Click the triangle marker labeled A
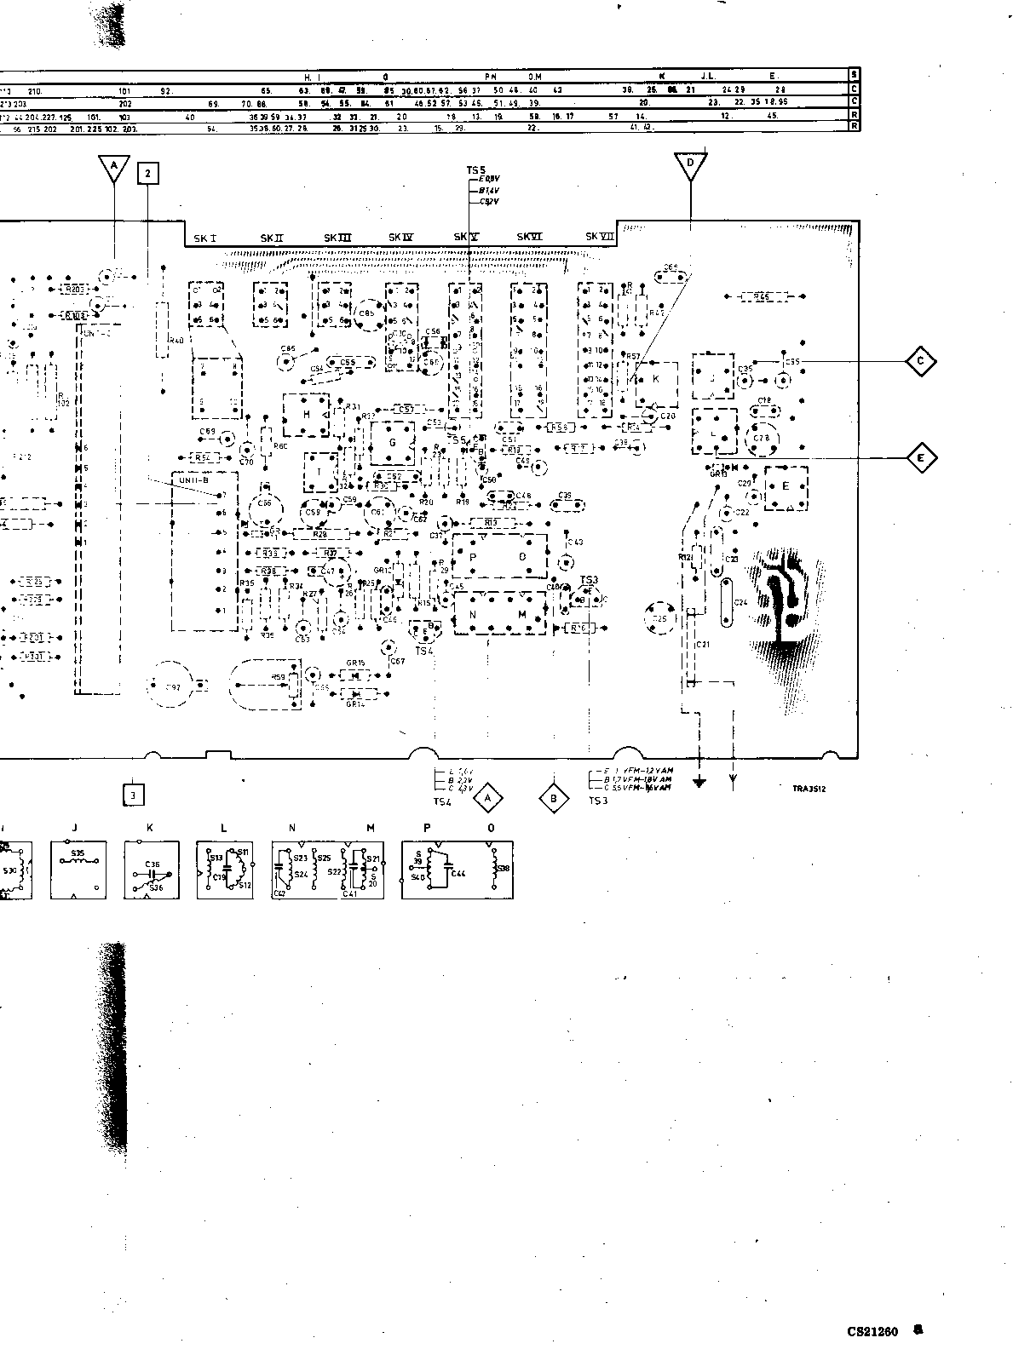tap(114, 169)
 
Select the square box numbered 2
tap(148, 174)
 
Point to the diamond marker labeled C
tap(920, 362)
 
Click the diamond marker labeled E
tap(920, 458)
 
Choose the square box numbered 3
tap(134, 795)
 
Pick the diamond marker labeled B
tap(554, 798)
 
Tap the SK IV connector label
tap(400, 238)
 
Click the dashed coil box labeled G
tap(392, 443)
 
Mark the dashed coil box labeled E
tap(786, 488)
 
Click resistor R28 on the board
tap(320, 533)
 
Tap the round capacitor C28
tap(762, 438)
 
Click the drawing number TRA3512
tap(809, 789)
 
